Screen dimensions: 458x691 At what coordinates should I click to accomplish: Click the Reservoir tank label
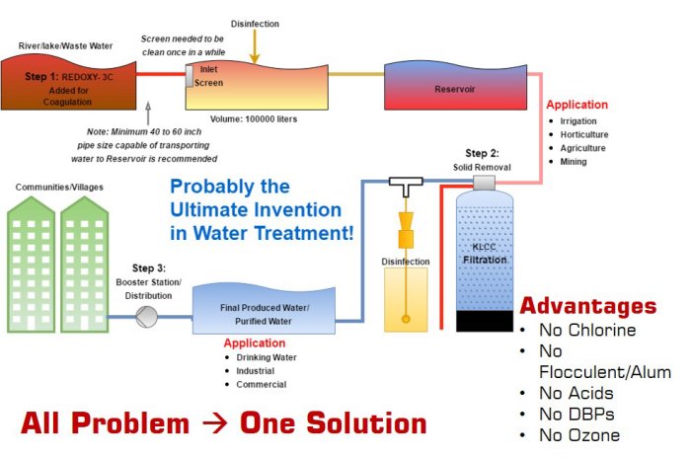pyautogui.click(x=456, y=89)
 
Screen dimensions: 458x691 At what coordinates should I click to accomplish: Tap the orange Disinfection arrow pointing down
pyautogui.click(x=255, y=43)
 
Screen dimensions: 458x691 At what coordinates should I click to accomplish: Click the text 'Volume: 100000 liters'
pyautogui.click(x=254, y=119)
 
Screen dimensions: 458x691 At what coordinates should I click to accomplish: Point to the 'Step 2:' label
pyautogui.click(x=484, y=154)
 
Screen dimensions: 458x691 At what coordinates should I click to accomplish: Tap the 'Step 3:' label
pyautogui.click(x=149, y=268)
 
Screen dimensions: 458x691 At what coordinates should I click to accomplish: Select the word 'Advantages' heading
pyautogui.click(x=587, y=306)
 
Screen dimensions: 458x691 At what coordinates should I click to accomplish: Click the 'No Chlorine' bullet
pyautogui.click(x=587, y=330)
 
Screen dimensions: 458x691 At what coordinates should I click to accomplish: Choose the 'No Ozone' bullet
pyautogui.click(x=579, y=435)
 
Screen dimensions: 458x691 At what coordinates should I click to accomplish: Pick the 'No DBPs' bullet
pyautogui.click(x=578, y=415)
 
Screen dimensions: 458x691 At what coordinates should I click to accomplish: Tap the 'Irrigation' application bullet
pyautogui.click(x=579, y=120)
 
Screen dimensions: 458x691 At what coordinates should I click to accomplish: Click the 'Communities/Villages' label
pyautogui.click(x=58, y=187)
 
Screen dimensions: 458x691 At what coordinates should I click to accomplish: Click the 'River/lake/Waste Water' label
pyautogui.click(x=64, y=45)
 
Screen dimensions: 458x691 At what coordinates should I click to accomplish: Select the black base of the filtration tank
pyautogui.click(x=484, y=321)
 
